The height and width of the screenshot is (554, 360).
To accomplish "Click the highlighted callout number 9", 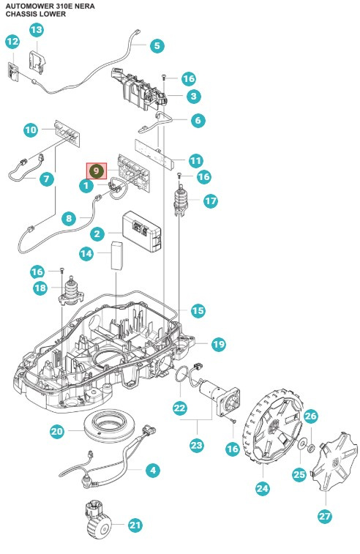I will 97,171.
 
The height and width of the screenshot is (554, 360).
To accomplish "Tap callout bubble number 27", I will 324,515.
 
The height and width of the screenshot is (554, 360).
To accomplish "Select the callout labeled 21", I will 135,525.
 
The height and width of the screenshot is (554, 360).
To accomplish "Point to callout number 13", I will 36,30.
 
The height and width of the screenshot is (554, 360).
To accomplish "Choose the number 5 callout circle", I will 157,45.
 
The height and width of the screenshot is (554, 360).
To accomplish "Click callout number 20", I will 57,432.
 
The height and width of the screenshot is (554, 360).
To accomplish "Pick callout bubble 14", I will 87,253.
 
